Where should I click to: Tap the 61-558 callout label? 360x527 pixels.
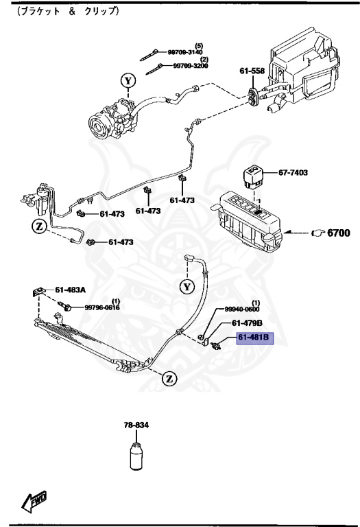252,71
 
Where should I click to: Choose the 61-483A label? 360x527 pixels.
70,290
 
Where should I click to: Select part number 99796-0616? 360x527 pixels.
102,308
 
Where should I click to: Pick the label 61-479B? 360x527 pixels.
248,323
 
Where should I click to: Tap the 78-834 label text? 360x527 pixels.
135,426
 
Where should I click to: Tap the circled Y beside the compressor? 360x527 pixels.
128,81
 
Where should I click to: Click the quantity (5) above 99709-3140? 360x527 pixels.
199,45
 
